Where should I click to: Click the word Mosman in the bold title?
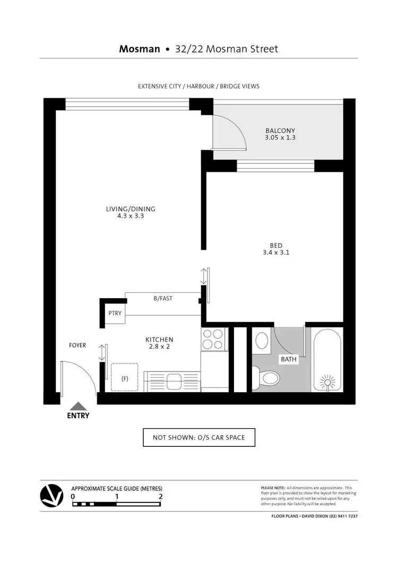click(x=140, y=49)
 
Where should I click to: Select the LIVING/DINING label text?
click(x=131, y=212)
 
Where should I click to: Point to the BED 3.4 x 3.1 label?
click(x=275, y=249)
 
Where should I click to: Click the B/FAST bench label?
click(x=163, y=299)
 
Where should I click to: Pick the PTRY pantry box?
click(x=115, y=313)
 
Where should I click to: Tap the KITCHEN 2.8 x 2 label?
click(x=159, y=343)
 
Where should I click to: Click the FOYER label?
click(x=77, y=345)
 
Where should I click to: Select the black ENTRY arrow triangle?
click(x=78, y=406)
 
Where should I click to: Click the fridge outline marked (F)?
click(x=125, y=378)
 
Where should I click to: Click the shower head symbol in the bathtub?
click(x=327, y=383)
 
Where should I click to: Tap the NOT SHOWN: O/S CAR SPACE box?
click(x=199, y=438)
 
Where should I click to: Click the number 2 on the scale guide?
click(x=160, y=497)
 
